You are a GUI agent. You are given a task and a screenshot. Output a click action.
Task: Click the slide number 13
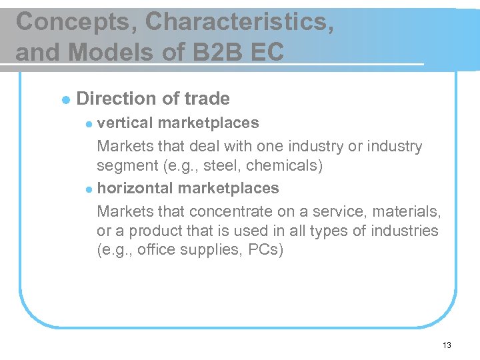point(446,345)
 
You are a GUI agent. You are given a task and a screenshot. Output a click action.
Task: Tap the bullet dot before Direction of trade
point(65,100)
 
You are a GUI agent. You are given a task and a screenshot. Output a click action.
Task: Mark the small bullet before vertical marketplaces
point(91,124)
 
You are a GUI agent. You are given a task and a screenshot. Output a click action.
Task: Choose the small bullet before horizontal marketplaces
point(91,189)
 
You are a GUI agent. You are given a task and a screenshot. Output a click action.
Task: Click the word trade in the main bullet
point(207,99)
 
